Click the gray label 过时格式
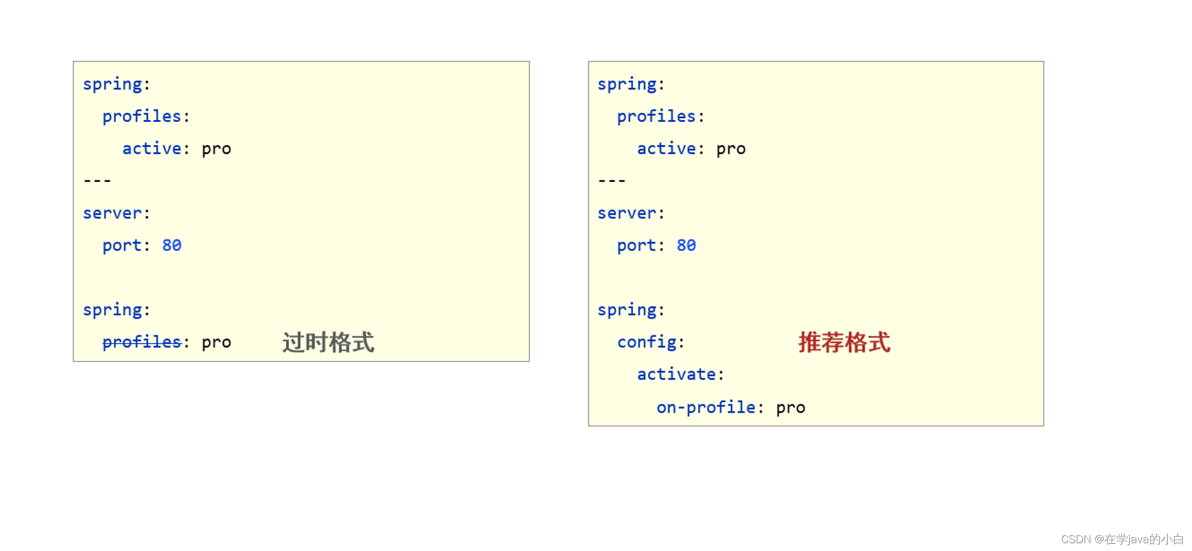pyautogui.click(x=328, y=342)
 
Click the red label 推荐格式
pyautogui.click(x=844, y=342)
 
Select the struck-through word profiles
pyautogui.click(x=142, y=342)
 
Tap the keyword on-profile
pyautogui.click(x=706, y=407)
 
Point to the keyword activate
pyautogui.click(x=676, y=374)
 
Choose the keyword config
pyautogui.click(x=647, y=342)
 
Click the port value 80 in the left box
pyautogui.click(x=171, y=245)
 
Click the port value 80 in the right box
pyautogui.click(x=686, y=245)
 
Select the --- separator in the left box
pyautogui.click(x=97, y=180)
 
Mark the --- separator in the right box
pyautogui.click(x=612, y=180)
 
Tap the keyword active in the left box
pyautogui.click(x=152, y=148)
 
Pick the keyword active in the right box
pyautogui.click(x=666, y=148)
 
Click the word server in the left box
pyautogui.click(x=112, y=213)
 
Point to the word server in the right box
pyautogui.click(x=627, y=213)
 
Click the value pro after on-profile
pyautogui.click(x=791, y=408)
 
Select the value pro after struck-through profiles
pyautogui.click(x=216, y=343)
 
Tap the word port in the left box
pyautogui.click(x=122, y=246)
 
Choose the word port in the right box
pyautogui.click(x=637, y=246)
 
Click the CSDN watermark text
pyautogui.click(x=1122, y=539)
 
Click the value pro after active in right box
pyautogui.click(x=731, y=149)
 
